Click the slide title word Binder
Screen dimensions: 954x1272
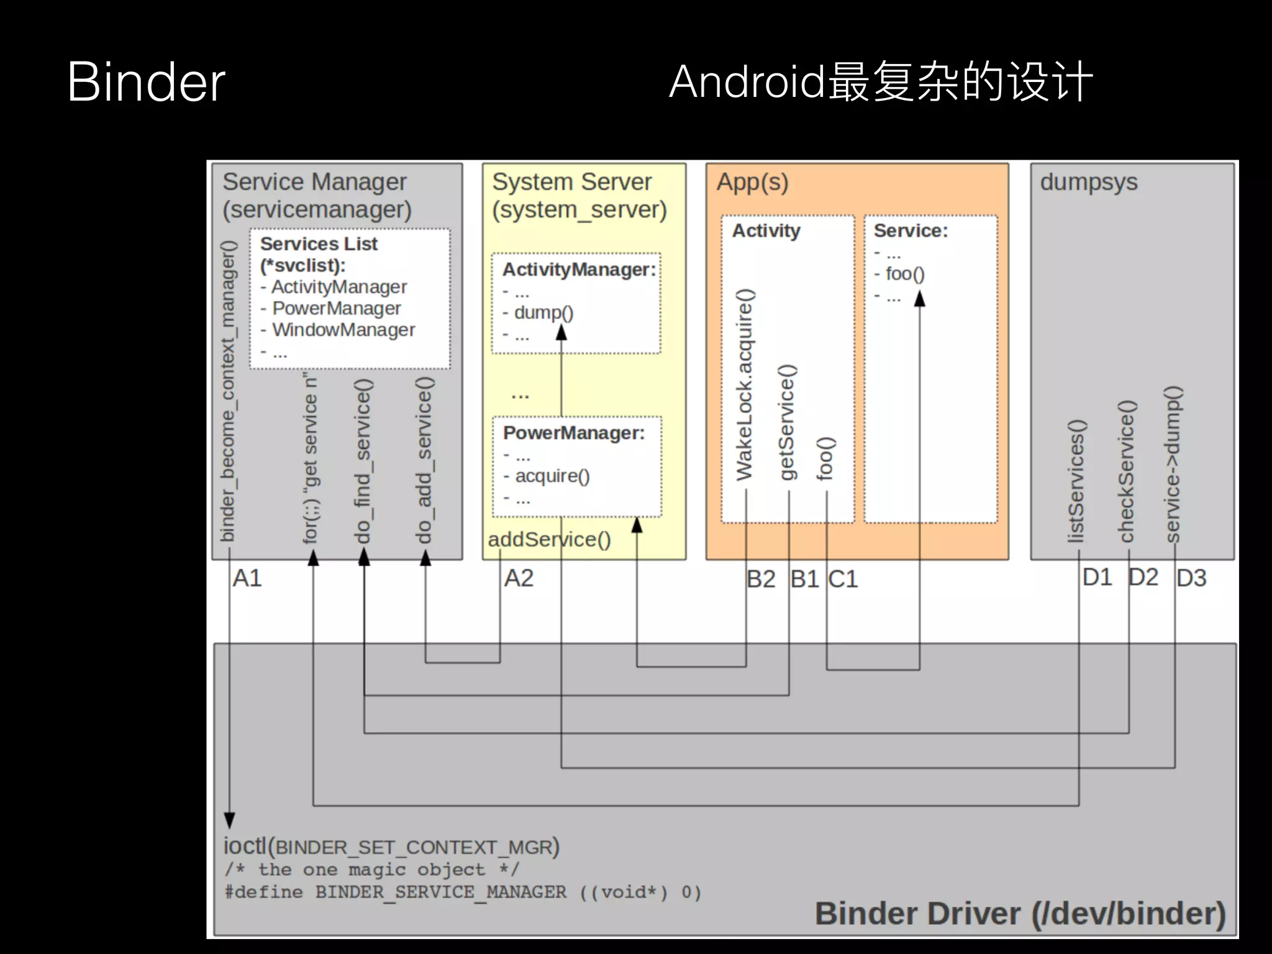tap(146, 82)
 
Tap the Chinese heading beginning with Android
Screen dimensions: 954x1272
tap(880, 82)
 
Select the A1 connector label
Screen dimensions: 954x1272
tap(247, 578)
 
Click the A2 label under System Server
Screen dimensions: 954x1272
tap(519, 578)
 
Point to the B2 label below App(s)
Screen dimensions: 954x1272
tap(761, 579)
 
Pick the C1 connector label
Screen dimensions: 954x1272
tap(843, 579)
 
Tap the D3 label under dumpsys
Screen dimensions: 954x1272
tap(1191, 578)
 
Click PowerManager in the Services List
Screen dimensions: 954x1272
tap(336, 308)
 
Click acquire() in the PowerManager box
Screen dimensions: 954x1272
tap(552, 476)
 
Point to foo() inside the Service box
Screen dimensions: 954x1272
tap(904, 274)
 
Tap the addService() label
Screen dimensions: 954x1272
tap(549, 539)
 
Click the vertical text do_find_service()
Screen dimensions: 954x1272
tap(363, 461)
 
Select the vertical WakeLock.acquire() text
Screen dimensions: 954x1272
tap(744, 385)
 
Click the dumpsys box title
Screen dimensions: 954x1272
tap(1088, 183)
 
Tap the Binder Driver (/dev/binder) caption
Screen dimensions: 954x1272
tap(1020, 914)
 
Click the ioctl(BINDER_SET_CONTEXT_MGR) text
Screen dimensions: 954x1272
tap(391, 847)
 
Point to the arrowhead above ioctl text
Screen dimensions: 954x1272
tap(229, 820)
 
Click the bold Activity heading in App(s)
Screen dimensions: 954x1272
tap(766, 231)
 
